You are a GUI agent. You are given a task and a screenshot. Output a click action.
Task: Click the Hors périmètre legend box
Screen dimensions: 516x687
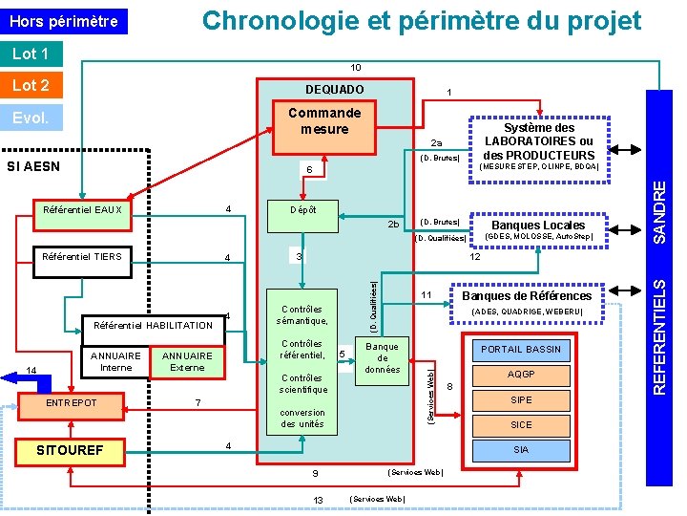point(63,21)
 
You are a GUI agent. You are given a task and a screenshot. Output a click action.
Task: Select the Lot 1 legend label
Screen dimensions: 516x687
point(31,54)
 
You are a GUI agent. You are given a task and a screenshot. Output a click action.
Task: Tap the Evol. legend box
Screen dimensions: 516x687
point(31,118)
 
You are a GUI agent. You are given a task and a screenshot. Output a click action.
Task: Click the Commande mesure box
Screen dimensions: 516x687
point(324,121)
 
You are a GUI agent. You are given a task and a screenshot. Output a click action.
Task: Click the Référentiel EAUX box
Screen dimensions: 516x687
point(82,210)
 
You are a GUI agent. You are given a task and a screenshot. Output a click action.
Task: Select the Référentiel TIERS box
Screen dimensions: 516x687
point(82,256)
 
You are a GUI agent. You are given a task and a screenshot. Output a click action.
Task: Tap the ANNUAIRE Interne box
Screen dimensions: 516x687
point(115,362)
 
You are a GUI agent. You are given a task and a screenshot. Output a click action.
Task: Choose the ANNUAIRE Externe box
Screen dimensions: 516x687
point(187,362)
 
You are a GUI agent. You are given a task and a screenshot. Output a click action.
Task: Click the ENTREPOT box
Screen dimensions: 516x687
point(72,404)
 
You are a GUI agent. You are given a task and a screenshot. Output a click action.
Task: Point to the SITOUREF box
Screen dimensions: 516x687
point(69,450)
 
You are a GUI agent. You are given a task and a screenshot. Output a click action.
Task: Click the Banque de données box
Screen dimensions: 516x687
point(382,358)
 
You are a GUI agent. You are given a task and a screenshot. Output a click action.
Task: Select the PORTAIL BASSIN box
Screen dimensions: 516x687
point(521,349)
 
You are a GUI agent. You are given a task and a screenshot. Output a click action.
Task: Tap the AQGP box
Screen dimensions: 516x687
point(521,375)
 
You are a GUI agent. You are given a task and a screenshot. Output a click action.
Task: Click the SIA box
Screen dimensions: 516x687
point(521,450)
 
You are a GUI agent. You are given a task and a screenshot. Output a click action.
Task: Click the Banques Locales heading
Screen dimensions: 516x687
point(538,226)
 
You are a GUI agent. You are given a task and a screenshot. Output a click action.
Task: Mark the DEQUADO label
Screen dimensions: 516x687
point(334,90)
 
